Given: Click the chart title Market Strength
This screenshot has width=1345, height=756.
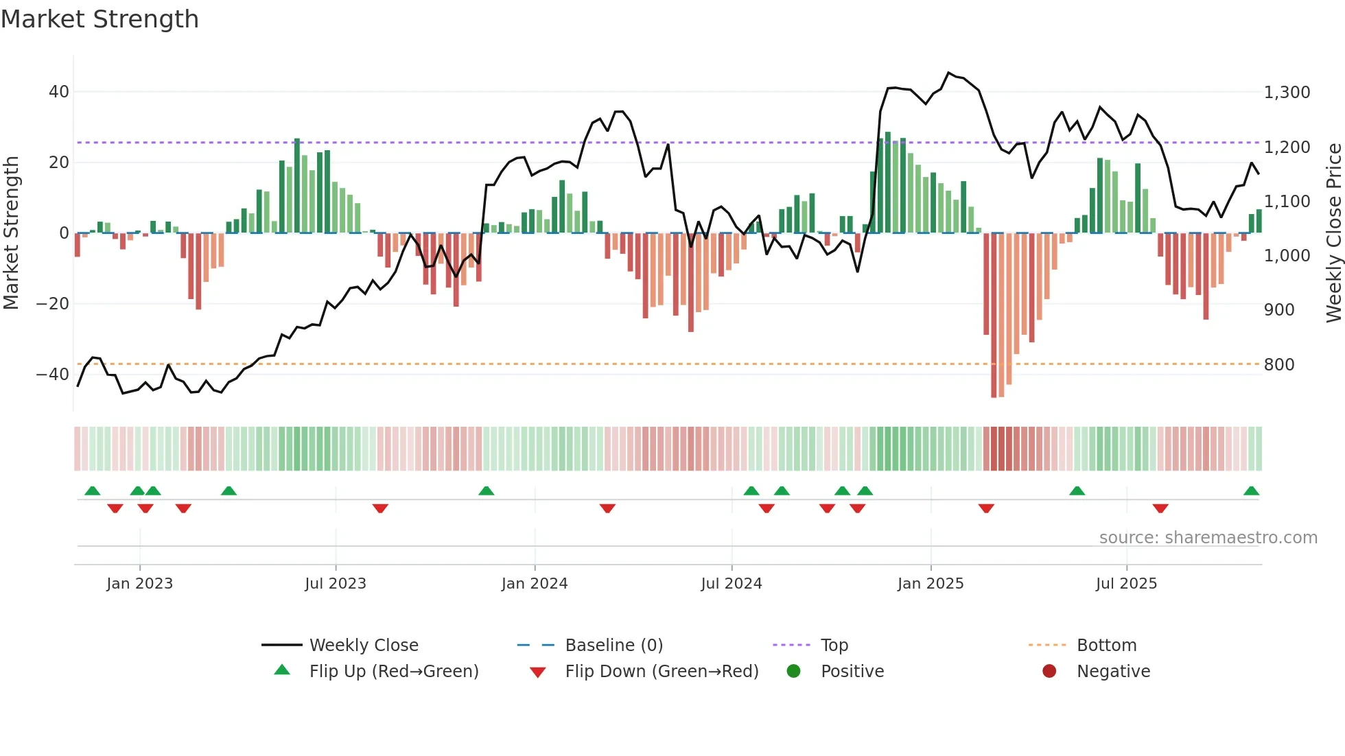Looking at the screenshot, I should (100, 19).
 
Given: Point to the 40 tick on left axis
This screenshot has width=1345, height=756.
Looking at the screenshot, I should (59, 92).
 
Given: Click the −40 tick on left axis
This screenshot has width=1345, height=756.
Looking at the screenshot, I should (53, 375).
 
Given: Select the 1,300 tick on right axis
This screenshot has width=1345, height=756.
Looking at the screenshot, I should (1287, 93).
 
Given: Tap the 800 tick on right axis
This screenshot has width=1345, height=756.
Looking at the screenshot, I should (1279, 365).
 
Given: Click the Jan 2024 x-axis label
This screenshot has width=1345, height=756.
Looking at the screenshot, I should (535, 584).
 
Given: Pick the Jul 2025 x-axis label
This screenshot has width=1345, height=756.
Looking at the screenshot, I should (1126, 584).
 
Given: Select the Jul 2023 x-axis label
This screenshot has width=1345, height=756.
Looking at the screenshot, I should (336, 584).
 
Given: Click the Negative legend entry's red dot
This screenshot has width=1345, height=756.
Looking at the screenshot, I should (1049, 672).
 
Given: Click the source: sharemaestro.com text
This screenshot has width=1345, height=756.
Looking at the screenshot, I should (1208, 538).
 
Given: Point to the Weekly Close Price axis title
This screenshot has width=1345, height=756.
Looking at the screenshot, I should (1333, 233).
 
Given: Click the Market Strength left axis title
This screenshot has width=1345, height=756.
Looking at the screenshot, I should (12, 233).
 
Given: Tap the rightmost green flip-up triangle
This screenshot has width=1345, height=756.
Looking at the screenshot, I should (1251, 491).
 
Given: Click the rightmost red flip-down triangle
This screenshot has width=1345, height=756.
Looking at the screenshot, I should (1160, 508).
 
